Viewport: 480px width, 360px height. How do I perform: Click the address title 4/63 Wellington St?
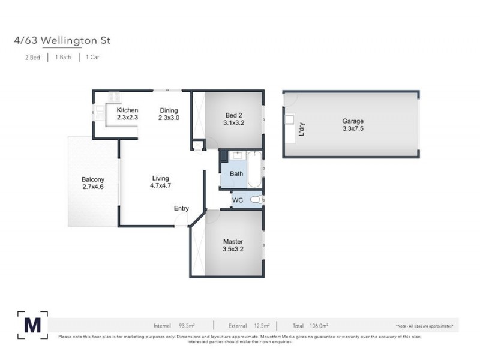62,41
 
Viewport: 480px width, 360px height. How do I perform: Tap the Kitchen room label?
127,110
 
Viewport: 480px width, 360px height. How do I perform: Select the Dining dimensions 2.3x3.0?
169,118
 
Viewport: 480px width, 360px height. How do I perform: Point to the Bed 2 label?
234,115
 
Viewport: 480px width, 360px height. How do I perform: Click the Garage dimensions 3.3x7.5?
353,128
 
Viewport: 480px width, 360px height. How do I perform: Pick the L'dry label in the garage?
302,128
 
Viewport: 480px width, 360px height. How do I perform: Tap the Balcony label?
93,179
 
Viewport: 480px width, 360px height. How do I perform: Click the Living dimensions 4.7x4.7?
160,186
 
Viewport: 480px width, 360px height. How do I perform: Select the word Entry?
181,209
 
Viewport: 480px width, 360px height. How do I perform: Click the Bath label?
236,174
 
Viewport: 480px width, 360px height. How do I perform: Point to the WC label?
238,200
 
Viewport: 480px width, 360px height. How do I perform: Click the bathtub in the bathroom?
254,170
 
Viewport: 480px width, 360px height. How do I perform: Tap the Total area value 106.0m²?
317,326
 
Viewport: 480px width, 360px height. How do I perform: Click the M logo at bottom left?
33,325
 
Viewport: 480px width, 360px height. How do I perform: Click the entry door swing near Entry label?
180,220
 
